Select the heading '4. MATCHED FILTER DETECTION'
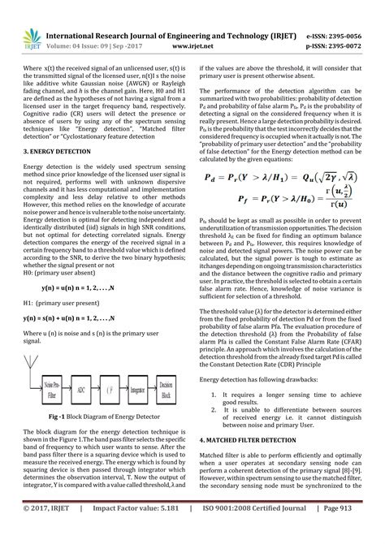(250, 438)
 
